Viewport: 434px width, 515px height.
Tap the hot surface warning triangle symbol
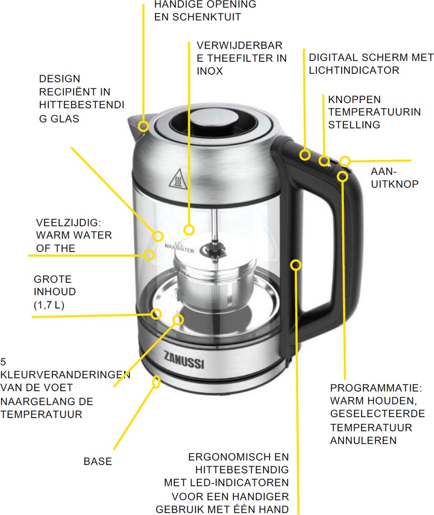coord(177,181)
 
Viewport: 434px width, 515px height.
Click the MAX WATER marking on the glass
coord(179,250)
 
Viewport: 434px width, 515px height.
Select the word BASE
coord(98,462)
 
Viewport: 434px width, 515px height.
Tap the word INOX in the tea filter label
coord(209,71)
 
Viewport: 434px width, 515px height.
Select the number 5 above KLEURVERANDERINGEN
coord(3,361)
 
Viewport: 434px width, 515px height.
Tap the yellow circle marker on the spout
coord(144,126)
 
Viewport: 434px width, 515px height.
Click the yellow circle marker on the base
coord(157,381)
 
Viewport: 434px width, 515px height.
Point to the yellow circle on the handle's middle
coord(296,265)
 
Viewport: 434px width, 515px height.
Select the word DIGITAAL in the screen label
coord(333,58)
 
